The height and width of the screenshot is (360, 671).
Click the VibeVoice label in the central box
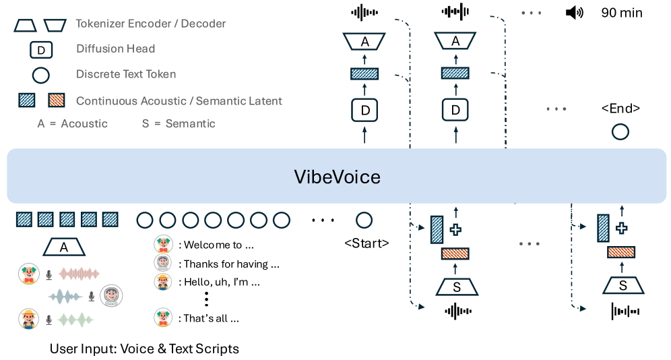point(337,177)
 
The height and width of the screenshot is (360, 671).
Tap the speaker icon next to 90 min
point(574,12)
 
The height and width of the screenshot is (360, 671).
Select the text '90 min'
point(622,12)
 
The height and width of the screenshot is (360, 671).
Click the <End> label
point(620,108)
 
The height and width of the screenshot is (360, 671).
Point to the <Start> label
point(366,243)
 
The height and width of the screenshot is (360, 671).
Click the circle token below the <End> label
point(620,131)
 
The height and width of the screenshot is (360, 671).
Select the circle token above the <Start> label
point(364,220)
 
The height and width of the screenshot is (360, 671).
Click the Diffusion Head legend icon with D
point(40,49)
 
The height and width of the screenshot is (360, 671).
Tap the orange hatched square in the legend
point(56,101)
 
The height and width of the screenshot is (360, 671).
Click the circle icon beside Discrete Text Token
point(40,74)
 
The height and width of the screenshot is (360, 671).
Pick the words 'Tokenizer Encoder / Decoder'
point(151,24)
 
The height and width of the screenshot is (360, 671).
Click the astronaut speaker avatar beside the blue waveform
point(111,295)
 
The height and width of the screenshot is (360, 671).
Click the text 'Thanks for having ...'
point(231,264)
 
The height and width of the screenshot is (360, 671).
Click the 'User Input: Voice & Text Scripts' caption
point(144,349)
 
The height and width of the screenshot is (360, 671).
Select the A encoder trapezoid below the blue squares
point(64,247)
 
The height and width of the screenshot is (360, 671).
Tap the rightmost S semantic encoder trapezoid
point(622,286)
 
